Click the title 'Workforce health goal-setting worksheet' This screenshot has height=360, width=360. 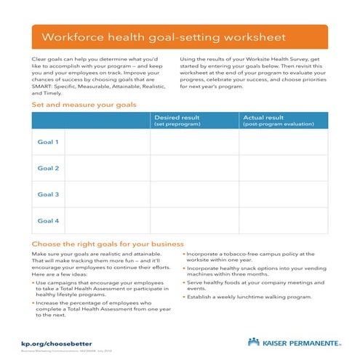164,37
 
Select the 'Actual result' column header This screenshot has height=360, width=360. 263,117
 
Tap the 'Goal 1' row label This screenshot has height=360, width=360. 48,142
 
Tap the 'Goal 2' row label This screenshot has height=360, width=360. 48,168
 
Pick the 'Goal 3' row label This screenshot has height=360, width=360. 48,194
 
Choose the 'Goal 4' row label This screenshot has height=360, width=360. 48,220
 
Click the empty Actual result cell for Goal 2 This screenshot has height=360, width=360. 284,168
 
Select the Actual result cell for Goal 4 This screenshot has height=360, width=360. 284,220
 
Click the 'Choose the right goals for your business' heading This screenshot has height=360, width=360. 108,244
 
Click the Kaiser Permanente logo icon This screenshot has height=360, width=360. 254,341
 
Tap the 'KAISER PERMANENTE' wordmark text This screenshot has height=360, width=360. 295,341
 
